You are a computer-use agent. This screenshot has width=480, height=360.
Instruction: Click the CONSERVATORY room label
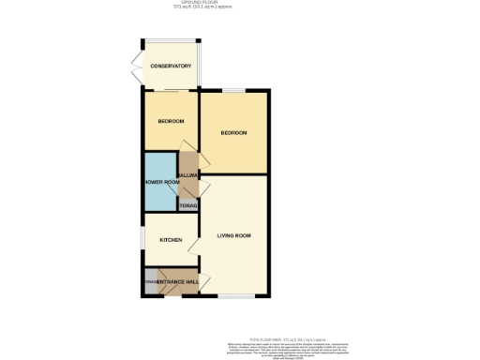point(171,67)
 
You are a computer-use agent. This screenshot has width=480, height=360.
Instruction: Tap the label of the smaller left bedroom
point(171,122)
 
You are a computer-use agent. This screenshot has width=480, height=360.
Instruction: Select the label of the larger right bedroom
point(233,133)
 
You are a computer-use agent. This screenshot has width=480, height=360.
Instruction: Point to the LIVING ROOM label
point(233,235)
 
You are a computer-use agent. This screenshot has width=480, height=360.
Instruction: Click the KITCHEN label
point(171,241)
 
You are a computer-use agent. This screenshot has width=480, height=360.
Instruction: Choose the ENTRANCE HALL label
point(177,282)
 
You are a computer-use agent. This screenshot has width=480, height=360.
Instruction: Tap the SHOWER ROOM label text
point(160,182)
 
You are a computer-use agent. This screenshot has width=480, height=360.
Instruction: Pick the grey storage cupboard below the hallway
point(189,204)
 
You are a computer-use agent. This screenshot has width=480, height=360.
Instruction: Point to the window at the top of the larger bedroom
point(232,91)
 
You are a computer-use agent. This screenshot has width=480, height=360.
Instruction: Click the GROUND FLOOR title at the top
point(239,4)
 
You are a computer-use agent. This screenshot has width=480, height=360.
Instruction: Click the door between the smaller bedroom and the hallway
point(187,146)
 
